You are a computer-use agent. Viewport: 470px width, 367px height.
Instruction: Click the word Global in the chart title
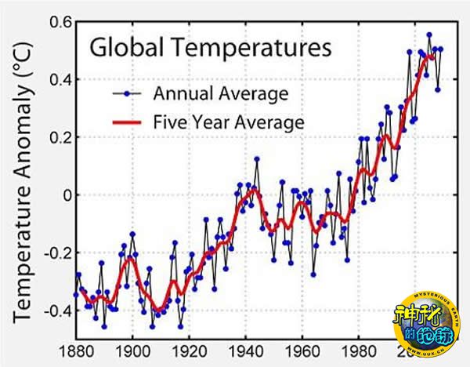[x=121, y=47]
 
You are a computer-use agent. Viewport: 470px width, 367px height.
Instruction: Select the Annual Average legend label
[x=221, y=94]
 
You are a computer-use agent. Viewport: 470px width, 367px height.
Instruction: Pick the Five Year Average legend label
[x=228, y=122]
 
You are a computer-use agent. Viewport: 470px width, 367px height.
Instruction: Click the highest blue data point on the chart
[x=428, y=35]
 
